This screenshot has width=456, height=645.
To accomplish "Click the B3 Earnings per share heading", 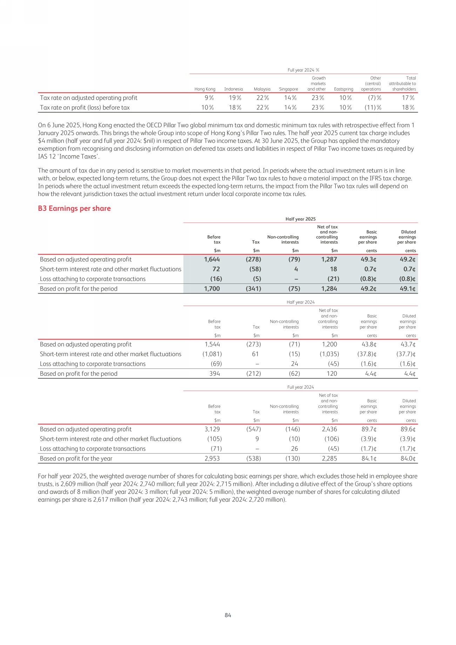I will pos(74,208).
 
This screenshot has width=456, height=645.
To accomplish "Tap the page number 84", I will pos(228,615).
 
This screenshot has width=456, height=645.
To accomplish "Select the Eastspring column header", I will pos(343,89).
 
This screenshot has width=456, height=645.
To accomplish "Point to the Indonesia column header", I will pos(234,89).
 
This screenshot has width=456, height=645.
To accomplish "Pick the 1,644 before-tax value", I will pos(212,260).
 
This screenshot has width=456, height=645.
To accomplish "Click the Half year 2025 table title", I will pos(301,219).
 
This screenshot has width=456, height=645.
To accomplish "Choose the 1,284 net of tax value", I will pos(329,289).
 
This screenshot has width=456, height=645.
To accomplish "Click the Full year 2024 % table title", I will pos(303,70).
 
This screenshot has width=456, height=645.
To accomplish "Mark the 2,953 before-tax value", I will pos(212,458).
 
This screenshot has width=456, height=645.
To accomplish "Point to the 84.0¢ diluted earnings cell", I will pos(408,458).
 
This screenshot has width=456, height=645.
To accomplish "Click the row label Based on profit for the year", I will pos(76,458).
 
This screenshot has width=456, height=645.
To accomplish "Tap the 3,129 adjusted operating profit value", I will pos(212,429).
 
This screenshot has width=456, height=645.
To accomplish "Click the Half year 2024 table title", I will pos(301,302).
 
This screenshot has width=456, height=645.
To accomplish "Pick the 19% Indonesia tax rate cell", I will pos(235,98).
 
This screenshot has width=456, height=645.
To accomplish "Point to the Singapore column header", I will pos(288,89).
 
